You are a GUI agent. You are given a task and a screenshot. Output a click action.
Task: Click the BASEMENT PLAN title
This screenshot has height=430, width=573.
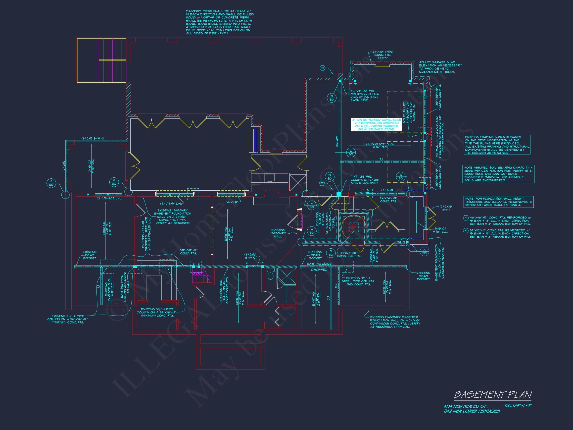[x=493, y=395]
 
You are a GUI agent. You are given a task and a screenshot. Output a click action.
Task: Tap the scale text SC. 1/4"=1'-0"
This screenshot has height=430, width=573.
[x=518, y=405]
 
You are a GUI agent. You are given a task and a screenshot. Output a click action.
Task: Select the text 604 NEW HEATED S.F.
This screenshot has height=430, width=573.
[x=465, y=407]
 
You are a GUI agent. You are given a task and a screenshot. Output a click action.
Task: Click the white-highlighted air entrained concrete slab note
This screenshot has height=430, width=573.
[x=376, y=125]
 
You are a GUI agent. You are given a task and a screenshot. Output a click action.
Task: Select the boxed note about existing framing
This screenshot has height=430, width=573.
[x=497, y=145]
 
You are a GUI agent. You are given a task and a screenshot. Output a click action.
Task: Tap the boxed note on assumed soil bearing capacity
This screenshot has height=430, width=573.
[x=498, y=174]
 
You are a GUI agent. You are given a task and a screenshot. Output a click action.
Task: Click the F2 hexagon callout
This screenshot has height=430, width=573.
[x=322, y=183]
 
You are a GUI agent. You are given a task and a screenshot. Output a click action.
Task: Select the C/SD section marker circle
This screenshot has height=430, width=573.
[x=351, y=153]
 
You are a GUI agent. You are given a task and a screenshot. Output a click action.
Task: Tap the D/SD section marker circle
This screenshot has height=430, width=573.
[x=331, y=253]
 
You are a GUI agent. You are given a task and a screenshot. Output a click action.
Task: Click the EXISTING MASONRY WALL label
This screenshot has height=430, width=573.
[x=278, y=233]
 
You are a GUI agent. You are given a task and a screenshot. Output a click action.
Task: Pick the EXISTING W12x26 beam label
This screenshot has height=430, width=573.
[x=319, y=264]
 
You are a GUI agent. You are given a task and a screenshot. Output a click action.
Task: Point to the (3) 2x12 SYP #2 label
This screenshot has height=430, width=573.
[x=93, y=138]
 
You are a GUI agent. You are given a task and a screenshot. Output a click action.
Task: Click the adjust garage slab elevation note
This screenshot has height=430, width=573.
[x=440, y=67]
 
